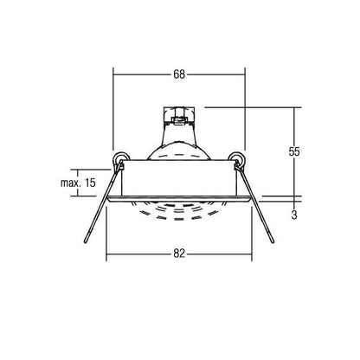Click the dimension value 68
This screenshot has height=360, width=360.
pos(179,74)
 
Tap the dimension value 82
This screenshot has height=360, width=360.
pos(179,254)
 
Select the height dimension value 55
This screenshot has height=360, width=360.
pos(294,151)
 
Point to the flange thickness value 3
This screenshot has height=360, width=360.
pos(294,215)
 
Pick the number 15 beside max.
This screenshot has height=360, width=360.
pos(90,183)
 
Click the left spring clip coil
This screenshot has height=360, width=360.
pos(120,158)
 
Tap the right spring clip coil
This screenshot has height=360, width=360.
pos(237,158)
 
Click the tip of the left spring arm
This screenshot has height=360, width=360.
pos(86,241)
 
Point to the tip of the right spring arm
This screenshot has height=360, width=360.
pos(273,241)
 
